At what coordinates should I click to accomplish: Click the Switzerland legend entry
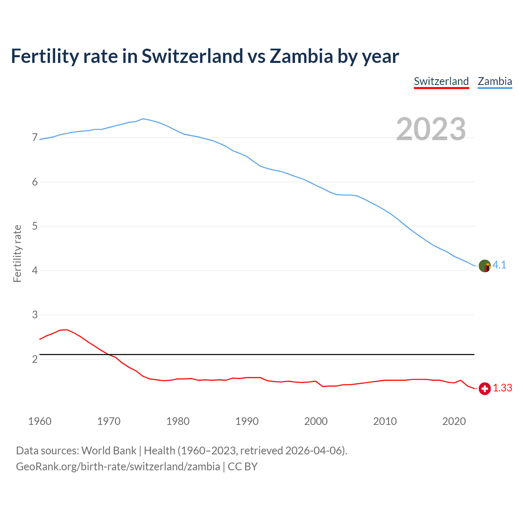coord(441,81)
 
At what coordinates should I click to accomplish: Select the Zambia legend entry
coord(495,81)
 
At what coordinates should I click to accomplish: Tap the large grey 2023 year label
coord(431,129)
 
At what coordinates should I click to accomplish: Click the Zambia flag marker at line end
coord(485,266)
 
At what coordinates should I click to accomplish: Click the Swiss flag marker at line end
coord(485,389)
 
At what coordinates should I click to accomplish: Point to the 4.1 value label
coord(499,265)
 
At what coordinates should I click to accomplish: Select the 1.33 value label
coord(503,388)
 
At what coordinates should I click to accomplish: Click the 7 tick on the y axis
coord(35,138)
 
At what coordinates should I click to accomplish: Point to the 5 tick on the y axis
coord(35,226)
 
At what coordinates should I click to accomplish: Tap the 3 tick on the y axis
coord(35,315)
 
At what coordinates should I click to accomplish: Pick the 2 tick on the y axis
coord(35,359)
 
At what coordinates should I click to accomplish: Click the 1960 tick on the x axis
coord(40,421)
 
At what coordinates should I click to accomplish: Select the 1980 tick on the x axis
coord(178,421)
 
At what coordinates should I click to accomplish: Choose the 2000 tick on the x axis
coord(316,421)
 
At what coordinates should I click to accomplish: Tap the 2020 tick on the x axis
coord(454,421)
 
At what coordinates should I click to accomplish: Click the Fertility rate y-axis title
coord(17,253)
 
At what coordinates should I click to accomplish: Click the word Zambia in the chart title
coord(302,56)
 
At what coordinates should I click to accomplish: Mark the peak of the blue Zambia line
coord(143,118)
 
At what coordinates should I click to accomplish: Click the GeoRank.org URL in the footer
coord(118,467)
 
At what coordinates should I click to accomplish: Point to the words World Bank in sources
coord(109,451)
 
